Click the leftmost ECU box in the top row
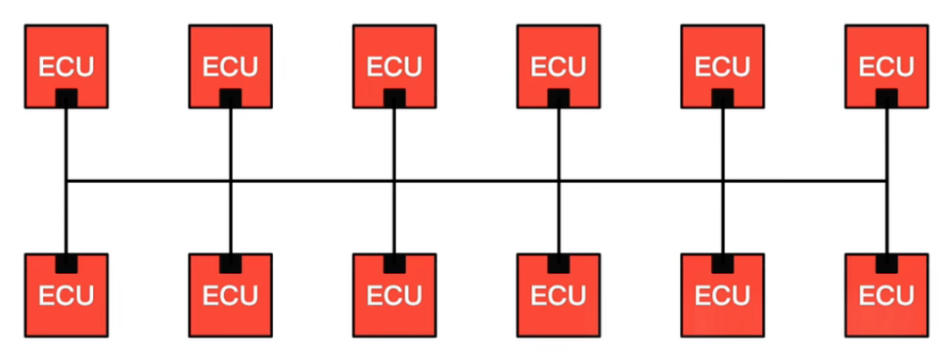67,67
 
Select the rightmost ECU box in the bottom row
887,295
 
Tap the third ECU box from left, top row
394,67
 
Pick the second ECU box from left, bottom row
230,295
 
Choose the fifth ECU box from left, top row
722,67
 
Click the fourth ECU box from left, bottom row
558,295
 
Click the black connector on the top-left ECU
67,98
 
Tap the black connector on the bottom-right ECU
887,263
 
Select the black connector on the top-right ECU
887,98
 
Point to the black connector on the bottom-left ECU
67,263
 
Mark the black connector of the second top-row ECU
230,98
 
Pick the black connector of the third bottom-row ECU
394,263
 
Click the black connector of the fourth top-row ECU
558,98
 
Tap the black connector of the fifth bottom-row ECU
722,263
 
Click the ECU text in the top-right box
887,67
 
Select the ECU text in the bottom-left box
67,296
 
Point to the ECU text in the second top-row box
230,67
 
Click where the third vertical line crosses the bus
394,181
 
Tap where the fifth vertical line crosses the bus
722,181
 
